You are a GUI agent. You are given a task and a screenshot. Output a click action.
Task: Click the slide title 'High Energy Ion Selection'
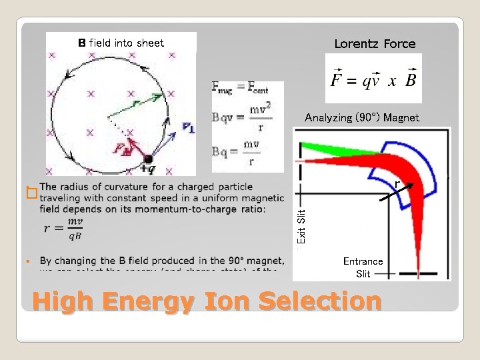207,302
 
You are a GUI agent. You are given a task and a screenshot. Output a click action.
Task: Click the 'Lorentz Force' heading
374,44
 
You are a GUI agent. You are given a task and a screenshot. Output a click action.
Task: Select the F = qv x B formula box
373,79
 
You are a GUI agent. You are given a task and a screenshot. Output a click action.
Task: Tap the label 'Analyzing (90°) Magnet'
362,117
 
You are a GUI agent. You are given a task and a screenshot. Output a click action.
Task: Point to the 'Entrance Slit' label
363,267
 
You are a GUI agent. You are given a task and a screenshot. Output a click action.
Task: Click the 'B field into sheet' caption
121,43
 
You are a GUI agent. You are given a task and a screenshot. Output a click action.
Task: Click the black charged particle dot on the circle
148,159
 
